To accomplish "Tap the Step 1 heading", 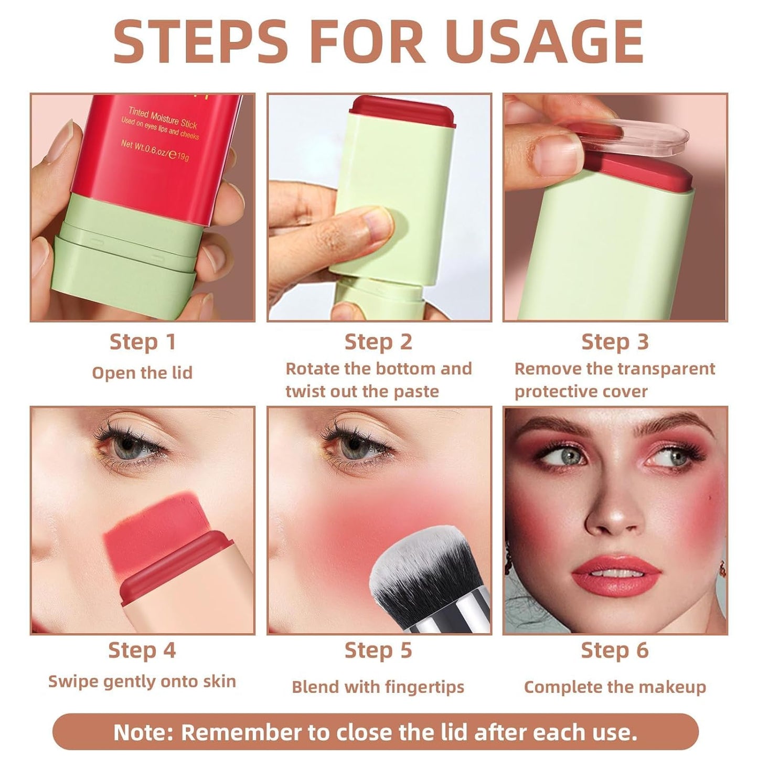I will coord(142,342).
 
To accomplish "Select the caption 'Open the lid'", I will coord(142,373).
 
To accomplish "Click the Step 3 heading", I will coord(615,342).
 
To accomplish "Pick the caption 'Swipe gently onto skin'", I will coord(142,681).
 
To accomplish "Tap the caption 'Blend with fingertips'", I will coord(378,687).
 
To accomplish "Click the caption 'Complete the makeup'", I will coord(615,687).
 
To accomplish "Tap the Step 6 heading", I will coord(615,650).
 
